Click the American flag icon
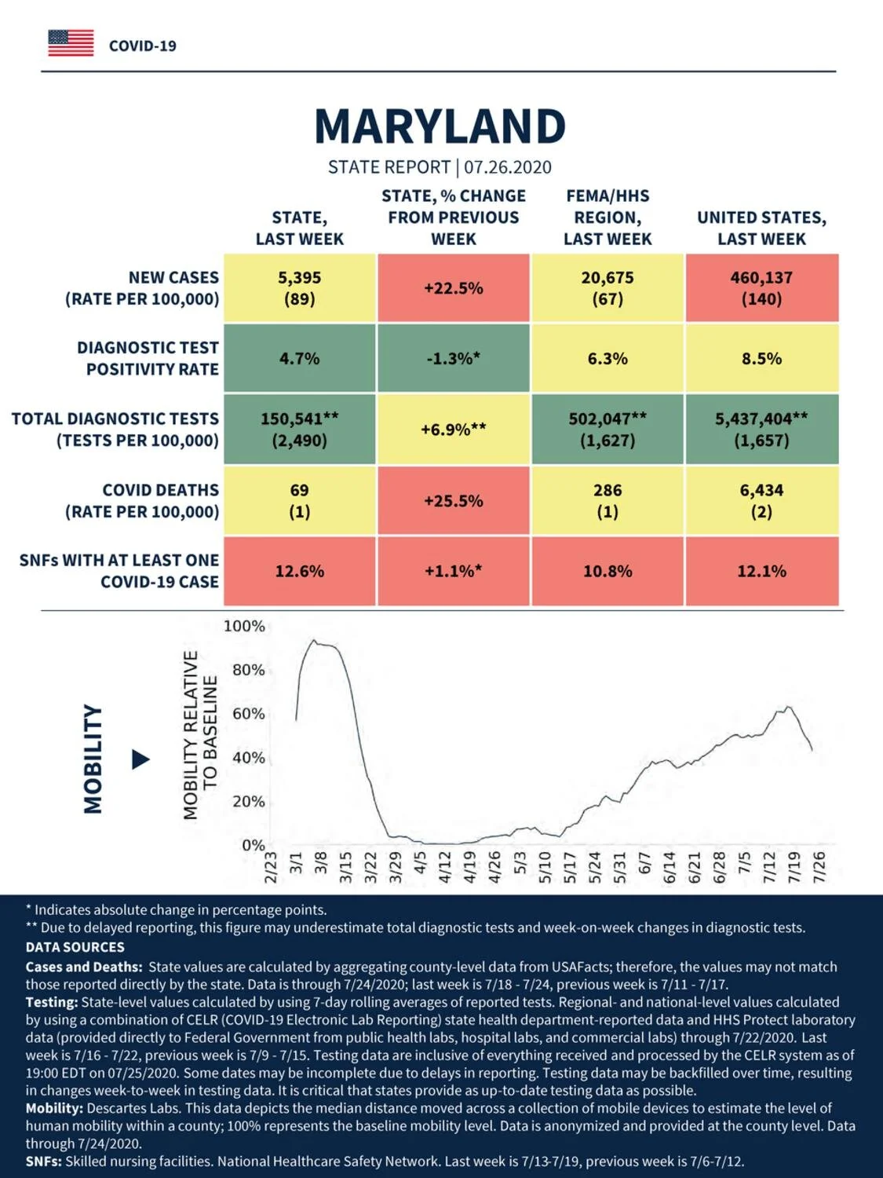[71, 43]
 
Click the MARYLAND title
[440, 126]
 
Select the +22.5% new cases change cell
[454, 288]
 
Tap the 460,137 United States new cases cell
[762, 288]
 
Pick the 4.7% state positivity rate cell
[300, 358]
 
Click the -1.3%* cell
[454, 358]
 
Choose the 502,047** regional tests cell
[608, 429]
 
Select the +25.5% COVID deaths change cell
[454, 500]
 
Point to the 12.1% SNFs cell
[762, 571]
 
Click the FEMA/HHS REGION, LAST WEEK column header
[608, 218]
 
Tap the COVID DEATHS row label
[142, 501]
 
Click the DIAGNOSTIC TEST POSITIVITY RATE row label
[148, 358]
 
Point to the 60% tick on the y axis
[249, 714]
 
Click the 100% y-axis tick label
[244, 626]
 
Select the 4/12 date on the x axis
[445, 867]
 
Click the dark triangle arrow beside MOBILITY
[141, 759]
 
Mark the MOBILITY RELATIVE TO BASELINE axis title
[200, 735]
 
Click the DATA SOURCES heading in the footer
[75, 962]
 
